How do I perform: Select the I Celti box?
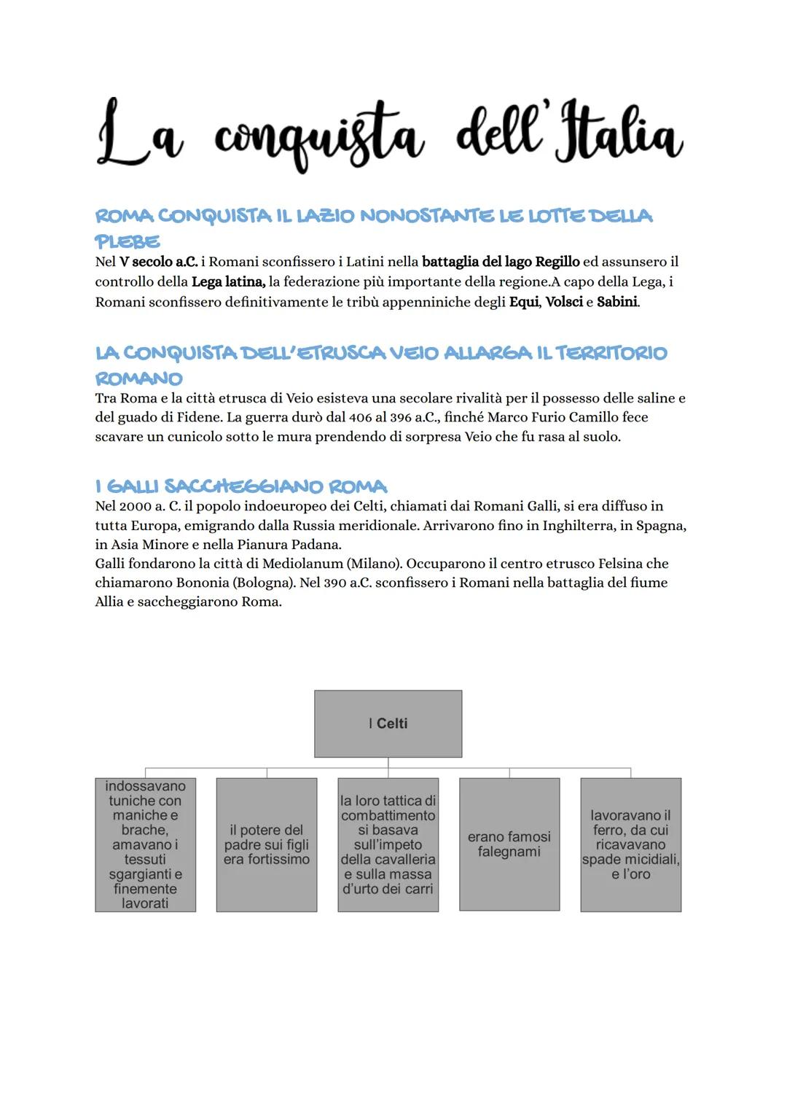(388, 723)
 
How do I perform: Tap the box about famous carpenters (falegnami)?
(509, 844)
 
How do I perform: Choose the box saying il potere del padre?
(267, 844)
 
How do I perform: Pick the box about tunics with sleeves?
(145, 844)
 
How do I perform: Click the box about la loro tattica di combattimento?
(388, 844)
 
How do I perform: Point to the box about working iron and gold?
(630, 844)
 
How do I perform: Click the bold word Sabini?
(617, 302)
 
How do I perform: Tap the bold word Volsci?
(564, 302)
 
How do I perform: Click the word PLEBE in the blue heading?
(128, 241)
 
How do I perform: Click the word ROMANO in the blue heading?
(138, 378)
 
